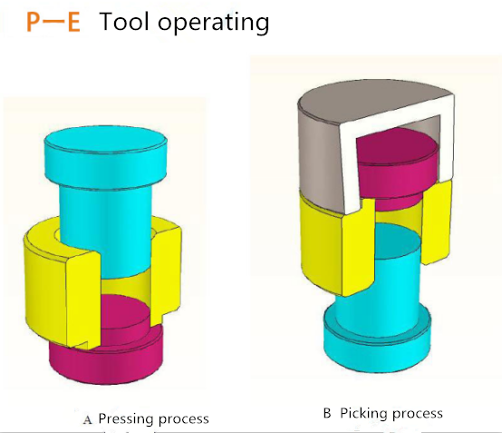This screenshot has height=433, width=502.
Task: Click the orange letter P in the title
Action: pyautogui.click(x=34, y=22)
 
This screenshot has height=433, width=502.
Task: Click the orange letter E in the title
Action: pyautogui.click(x=73, y=22)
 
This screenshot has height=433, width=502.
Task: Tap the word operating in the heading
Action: pyautogui.click(x=214, y=23)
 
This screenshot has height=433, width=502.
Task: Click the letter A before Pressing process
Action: pyautogui.click(x=87, y=419)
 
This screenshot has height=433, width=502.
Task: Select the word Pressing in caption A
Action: pyautogui.click(x=126, y=419)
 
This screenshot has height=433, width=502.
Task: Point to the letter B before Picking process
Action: pyautogui.click(x=327, y=413)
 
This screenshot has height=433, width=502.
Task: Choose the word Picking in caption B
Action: pyautogui.click(x=363, y=414)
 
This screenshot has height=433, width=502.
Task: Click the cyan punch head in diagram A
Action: pyautogui.click(x=106, y=157)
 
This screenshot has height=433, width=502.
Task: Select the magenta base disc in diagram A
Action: pyautogui.click(x=107, y=359)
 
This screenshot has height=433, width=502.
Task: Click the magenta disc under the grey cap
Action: pyautogui.click(x=397, y=167)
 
